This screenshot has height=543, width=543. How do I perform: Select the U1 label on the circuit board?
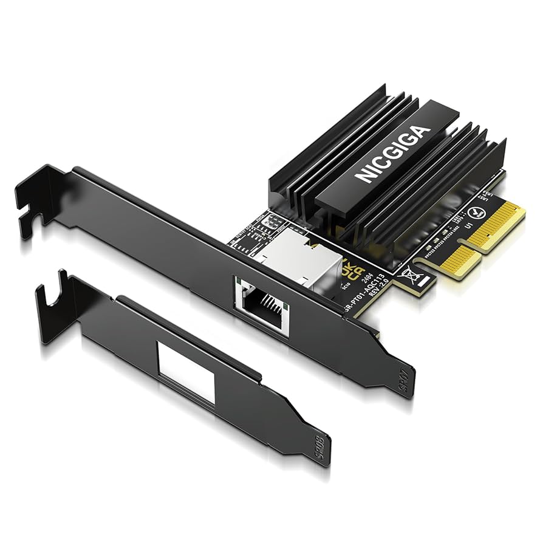(468, 223)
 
